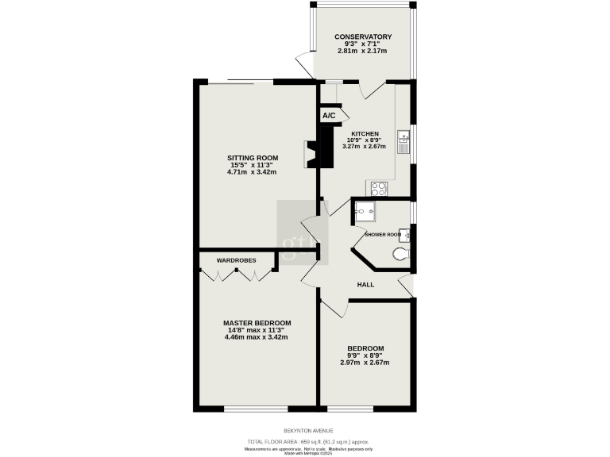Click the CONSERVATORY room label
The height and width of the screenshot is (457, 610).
pos(363,36)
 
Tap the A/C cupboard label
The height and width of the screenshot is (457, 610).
pos(330,116)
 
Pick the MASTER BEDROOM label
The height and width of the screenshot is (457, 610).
pos(257,323)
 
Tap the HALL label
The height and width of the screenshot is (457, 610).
pos(365,284)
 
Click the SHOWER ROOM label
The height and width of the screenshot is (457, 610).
pos(381,235)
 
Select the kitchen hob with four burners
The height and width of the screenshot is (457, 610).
pos(379,189)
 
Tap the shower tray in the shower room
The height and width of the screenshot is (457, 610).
pos(366,212)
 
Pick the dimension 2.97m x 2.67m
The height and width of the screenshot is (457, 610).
pos(365,363)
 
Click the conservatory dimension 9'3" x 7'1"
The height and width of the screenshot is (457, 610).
pos(362,44)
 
